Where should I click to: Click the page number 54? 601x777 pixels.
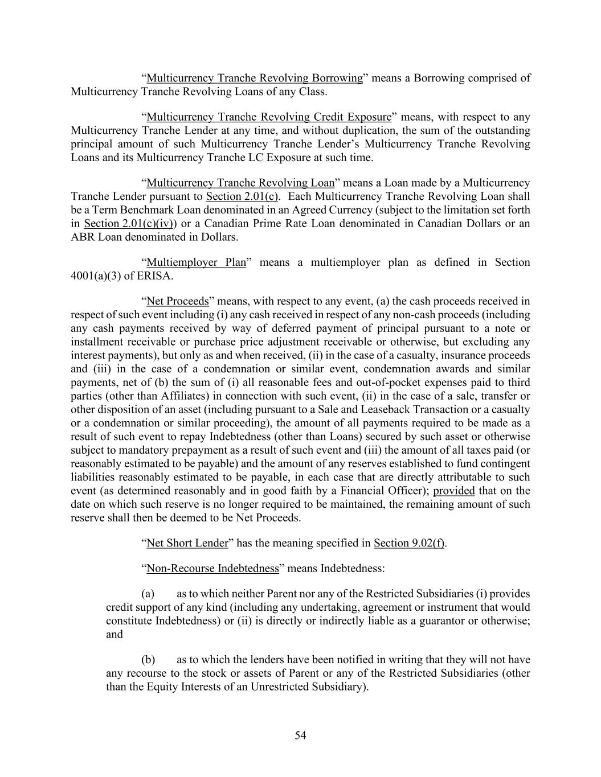[300, 735]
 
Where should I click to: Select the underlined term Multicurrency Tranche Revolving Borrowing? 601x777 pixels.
[255, 78]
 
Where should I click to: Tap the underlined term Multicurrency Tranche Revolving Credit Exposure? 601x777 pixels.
[269, 117]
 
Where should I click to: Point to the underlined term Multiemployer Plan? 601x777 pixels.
[196, 262]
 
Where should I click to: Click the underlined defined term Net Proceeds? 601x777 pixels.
[178, 301]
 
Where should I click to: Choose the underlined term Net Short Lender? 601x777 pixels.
[187, 543]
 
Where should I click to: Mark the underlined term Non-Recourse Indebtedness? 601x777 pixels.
[212, 568]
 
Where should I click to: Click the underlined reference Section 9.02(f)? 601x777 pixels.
[408, 543]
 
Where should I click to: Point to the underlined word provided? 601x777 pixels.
[454, 491]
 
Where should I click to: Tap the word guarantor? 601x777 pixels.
[443, 620]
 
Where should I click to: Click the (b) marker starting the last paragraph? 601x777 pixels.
[148, 660]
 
